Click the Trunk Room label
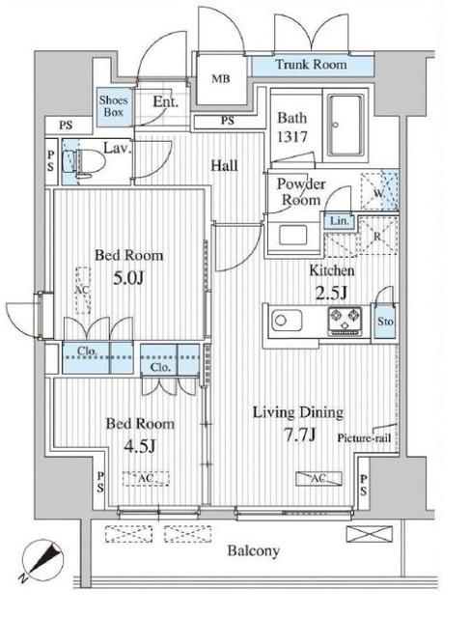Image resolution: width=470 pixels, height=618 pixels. (x=311, y=65)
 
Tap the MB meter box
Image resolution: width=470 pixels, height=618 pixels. (x=221, y=79)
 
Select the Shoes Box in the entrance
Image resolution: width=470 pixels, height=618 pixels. (x=114, y=106)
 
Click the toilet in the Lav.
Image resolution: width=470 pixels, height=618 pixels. (x=84, y=162)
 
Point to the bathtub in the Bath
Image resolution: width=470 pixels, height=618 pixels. (x=346, y=126)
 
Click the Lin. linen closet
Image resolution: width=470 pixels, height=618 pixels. (x=339, y=221)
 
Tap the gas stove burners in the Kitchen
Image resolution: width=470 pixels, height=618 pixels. (x=346, y=320)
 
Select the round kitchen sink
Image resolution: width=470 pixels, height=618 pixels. (x=287, y=320)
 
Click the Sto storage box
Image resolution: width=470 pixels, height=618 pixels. (x=384, y=321)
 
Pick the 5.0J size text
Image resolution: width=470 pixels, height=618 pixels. (x=128, y=278)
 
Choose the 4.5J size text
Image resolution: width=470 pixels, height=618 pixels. (x=140, y=446)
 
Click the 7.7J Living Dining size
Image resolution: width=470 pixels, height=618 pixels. (x=299, y=435)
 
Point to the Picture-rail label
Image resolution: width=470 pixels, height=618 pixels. (x=364, y=438)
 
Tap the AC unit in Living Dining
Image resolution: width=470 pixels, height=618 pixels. (x=318, y=479)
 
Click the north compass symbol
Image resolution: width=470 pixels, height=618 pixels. (x=42, y=560)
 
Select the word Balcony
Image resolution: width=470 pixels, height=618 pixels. (x=254, y=551)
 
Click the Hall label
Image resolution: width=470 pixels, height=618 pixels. (x=224, y=165)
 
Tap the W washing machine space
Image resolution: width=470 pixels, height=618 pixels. (x=380, y=191)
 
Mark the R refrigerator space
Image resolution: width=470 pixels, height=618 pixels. (x=377, y=236)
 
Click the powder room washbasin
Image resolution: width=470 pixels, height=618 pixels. (x=293, y=235)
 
